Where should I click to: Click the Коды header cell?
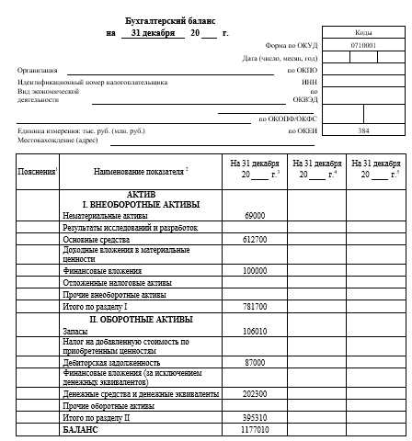362,31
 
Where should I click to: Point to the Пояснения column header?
38,172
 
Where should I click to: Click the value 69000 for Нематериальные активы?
255,215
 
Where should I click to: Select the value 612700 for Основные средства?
255,239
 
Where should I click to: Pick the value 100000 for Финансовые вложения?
255,271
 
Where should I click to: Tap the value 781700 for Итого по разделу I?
255,306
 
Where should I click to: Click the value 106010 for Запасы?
255,330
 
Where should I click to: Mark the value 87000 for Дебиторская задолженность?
255,362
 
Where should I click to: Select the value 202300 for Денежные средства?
255,393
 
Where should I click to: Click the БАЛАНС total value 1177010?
255,428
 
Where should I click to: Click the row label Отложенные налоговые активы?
117,283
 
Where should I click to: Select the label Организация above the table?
37,70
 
